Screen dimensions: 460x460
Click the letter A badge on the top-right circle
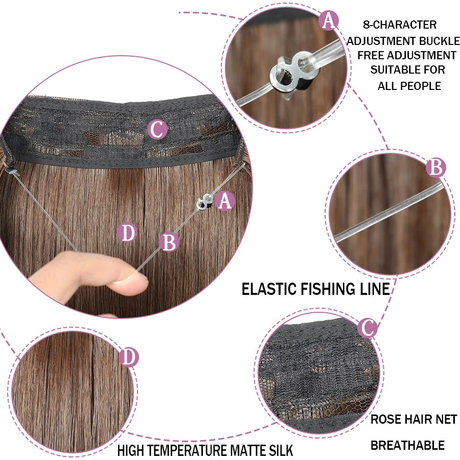[x=329, y=20]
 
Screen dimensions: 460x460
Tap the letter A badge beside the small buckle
[x=225, y=201]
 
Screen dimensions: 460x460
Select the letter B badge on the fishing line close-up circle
[x=436, y=168]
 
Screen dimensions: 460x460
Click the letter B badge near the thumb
[x=169, y=242]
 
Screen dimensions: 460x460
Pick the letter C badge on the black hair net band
[x=157, y=129]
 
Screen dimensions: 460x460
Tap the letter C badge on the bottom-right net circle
[x=367, y=328]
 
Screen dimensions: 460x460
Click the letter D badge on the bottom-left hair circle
[x=129, y=357]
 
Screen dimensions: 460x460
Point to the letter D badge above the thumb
[x=127, y=233]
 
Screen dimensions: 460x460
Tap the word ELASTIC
[x=269, y=289]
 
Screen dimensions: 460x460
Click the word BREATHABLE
[x=408, y=445]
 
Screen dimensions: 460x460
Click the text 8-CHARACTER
[x=400, y=25]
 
